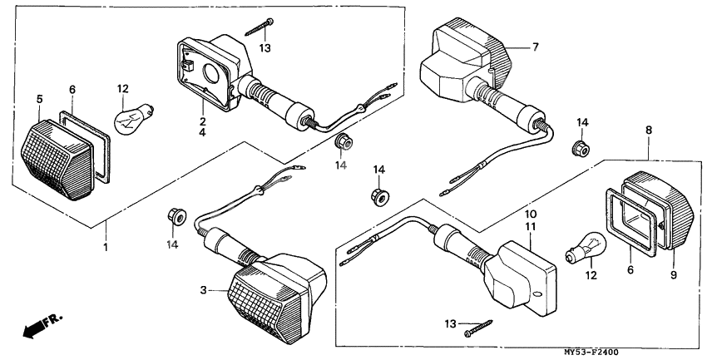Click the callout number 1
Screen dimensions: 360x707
(x=106, y=248)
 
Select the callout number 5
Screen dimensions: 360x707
(x=40, y=100)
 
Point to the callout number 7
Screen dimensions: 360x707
(x=536, y=47)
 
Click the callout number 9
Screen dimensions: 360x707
(x=674, y=275)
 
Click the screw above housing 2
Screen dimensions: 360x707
(x=260, y=30)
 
